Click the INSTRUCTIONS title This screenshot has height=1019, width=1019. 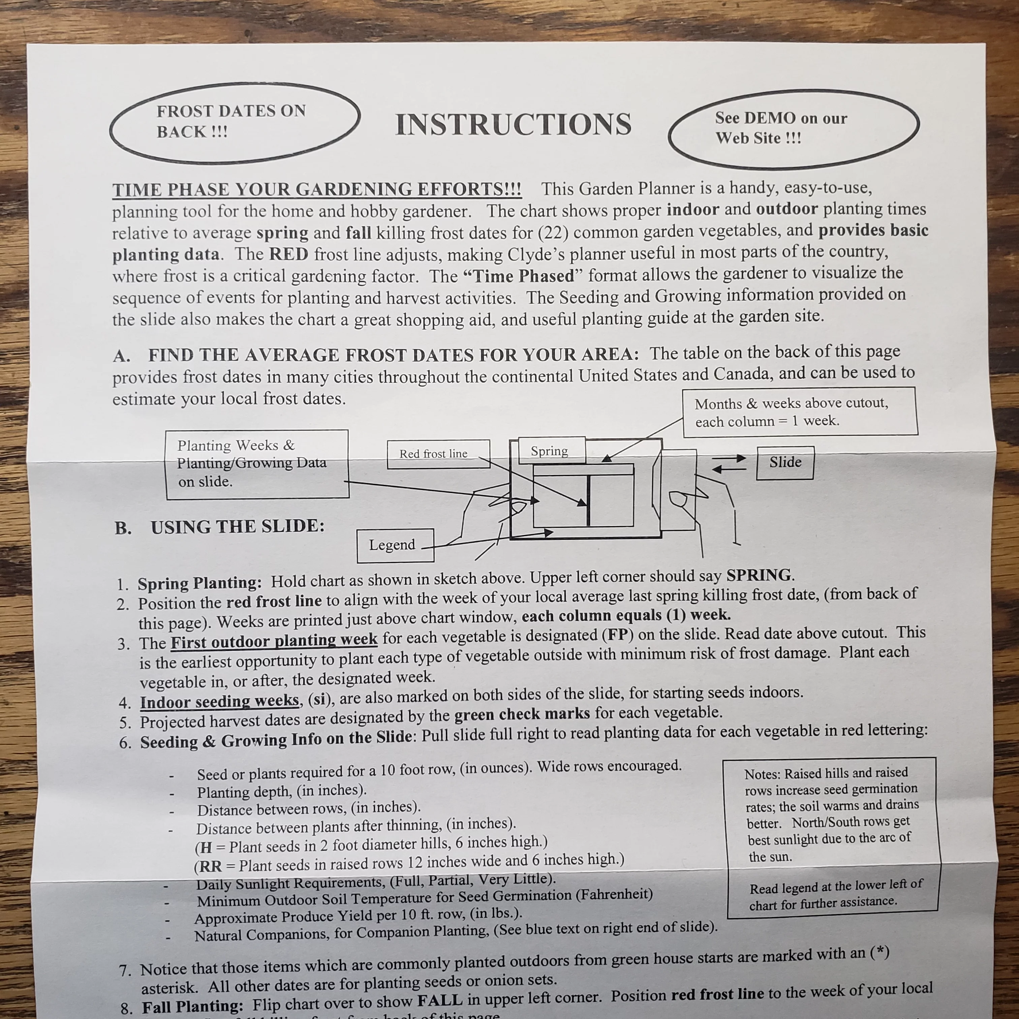[x=513, y=124]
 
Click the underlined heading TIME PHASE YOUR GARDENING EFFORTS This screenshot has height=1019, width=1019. [x=317, y=189]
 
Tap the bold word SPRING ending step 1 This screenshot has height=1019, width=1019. [x=759, y=575]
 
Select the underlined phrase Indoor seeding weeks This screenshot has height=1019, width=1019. [x=219, y=702]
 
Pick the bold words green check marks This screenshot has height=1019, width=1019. [x=522, y=714]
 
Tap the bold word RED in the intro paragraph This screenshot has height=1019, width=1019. [x=288, y=254]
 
